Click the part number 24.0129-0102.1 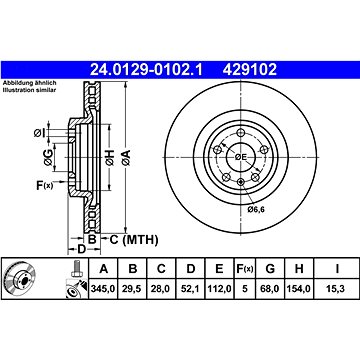[146, 70]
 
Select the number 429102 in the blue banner [250, 70]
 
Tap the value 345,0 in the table [103, 289]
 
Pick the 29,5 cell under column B [133, 289]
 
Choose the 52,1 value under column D [190, 289]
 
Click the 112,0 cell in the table [219, 289]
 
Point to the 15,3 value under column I [337, 289]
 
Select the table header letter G [270, 268]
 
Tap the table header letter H [299, 268]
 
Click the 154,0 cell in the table [299, 289]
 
